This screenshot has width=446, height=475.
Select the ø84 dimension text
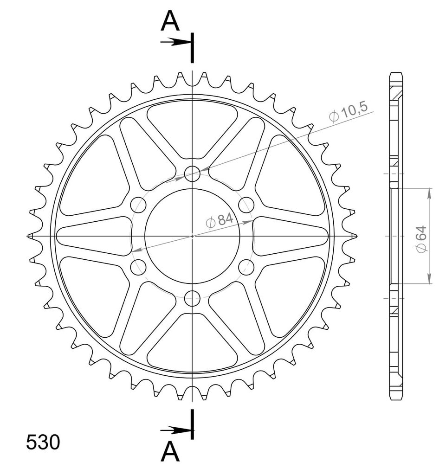[220, 220]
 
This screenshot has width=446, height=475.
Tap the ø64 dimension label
[421, 239]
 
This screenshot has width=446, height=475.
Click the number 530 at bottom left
[43, 442]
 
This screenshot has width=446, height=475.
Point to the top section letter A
[170, 20]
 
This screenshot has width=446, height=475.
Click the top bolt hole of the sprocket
[192, 173]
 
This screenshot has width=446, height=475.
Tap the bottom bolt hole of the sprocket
[192, 298]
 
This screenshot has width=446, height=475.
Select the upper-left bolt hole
[138, 205]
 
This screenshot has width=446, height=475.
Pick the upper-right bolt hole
[246, 205]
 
